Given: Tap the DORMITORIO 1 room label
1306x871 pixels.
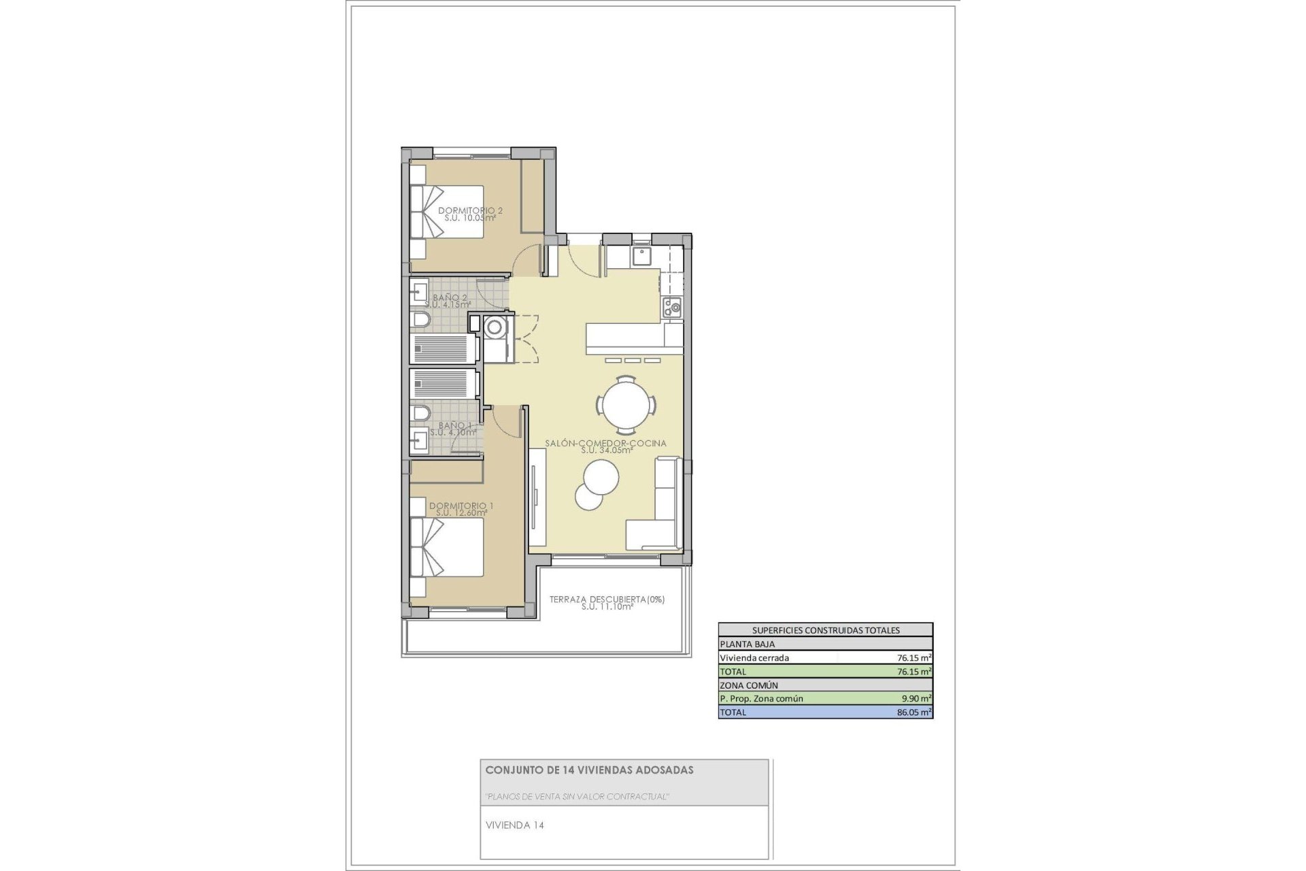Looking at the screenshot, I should coord(461,506).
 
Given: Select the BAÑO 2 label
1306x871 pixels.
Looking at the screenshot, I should coord(450,298).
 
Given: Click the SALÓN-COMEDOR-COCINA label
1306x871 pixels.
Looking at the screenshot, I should coord(605,444).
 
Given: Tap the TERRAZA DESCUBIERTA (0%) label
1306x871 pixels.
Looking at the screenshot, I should coord(607,600).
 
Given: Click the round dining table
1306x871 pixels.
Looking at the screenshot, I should coord(626,406).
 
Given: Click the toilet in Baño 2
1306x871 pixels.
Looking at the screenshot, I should coord(420,320).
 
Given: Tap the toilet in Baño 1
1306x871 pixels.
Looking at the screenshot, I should coord(420,413).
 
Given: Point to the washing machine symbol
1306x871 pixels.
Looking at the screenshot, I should coord(495,327).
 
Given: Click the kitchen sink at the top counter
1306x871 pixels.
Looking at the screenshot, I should coord(641,256).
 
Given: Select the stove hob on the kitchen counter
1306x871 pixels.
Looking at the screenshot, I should coord(672,308).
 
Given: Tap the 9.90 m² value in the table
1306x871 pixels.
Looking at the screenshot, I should coord(916,698).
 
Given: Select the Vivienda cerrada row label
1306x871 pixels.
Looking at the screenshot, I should coord(754,658).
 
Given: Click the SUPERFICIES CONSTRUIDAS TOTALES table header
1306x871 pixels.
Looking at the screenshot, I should coord(825,630).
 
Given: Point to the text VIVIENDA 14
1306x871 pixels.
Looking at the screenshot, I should coord(515,825).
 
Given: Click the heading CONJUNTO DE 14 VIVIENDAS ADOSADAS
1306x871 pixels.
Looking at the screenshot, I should coord(589,770).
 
